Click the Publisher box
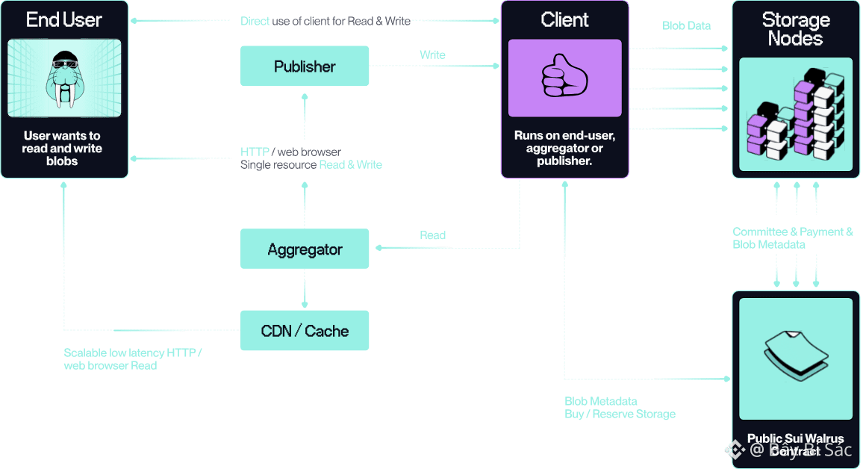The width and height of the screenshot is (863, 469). (x=305, y=66)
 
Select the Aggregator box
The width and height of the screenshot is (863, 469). (x=305, y=249)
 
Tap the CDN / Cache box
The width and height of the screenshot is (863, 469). (x=305, y=331)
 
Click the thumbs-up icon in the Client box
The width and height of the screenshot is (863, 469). (x=564, y=78)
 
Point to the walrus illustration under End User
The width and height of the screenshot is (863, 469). (x=64, y=79)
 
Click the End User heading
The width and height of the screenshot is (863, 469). (x=64, y=20)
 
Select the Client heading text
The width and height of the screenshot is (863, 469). (x=564, y=20)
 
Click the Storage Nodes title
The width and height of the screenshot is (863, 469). (x=796, y=29)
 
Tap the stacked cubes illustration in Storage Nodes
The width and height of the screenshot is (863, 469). (x=796, y=117)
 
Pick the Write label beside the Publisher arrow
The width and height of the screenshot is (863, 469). (x=432, y=55)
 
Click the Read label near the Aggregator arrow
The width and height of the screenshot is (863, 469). (x=432, y=235)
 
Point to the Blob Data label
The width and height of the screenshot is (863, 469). (x=686, y=25)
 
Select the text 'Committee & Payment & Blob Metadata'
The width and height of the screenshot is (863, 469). (x=792, y=238)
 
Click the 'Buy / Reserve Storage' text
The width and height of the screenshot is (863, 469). (x=620, y=414)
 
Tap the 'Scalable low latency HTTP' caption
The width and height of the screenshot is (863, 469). (x=133, y=352)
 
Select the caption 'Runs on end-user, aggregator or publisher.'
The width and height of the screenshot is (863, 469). (x=564, y=148)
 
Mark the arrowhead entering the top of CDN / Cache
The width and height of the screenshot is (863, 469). (x=305, y=305)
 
